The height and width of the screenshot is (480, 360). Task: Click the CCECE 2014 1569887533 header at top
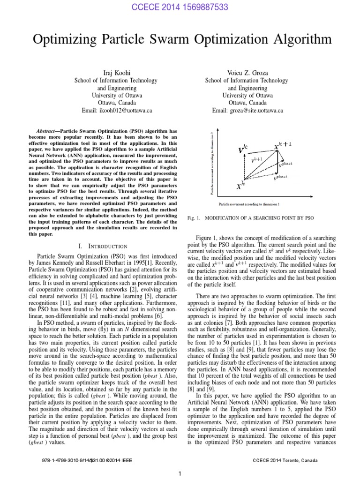[180, 6]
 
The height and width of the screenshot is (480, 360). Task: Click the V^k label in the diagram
[243, 150]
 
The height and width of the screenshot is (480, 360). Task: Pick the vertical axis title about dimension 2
[212, 162]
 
